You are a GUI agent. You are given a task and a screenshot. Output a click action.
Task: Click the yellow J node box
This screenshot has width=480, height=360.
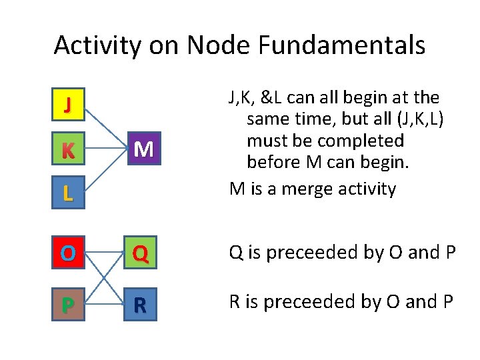tap(68, 105)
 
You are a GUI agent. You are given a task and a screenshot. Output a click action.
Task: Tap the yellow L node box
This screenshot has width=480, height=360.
tap(68, 193)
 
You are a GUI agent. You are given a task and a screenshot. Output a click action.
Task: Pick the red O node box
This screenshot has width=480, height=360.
tap(68, 253)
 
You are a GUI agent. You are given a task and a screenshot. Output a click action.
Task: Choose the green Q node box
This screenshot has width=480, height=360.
tap(140, 253)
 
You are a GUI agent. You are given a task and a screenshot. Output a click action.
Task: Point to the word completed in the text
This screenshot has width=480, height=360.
tap(360, 141)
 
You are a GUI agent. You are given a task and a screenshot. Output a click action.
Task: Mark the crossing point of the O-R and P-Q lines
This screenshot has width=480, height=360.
tap(104, 278)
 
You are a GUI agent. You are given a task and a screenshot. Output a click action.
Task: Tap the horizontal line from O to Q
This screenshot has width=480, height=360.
tap(104, 253)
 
